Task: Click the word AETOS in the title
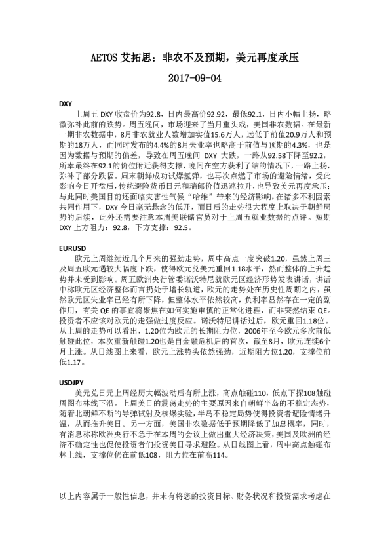coord(104,58)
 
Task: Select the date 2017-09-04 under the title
coord(195,79)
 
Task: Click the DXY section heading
coord(66,104)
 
